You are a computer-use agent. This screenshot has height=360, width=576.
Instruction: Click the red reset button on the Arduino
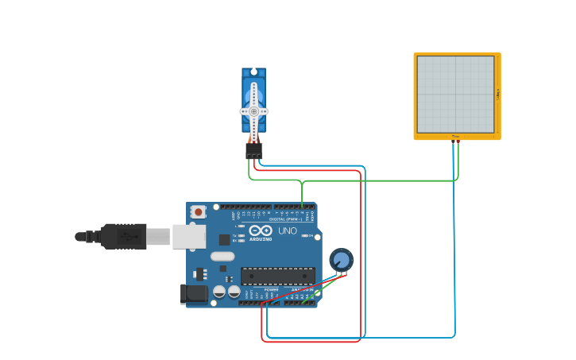pyautogui.click(x=198, y=212)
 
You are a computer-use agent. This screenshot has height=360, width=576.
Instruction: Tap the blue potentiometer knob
pyautogui.click(x=341, y=260)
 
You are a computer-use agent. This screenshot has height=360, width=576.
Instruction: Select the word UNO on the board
pyautogui.click(x=287, y=231)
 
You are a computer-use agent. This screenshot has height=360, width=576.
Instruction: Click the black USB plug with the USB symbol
pyautogui.click(x=124, y=236)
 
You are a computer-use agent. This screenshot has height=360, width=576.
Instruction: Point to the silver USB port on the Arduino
pyautogui.click(x=189, y=236)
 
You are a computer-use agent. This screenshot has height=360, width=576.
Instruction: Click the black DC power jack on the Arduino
pyautogui.click(x=194, y=294)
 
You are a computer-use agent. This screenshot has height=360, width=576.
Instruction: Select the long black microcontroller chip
pyautogui.click(x=277, y=276)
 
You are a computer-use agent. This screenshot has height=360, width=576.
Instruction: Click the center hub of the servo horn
pyautogui.click(x=253, y=111)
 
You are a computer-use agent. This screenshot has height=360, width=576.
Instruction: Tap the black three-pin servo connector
pyautogui.click(x=253, y=150)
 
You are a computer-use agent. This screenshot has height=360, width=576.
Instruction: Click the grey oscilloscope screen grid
pyautogui.click(x=455, y=94)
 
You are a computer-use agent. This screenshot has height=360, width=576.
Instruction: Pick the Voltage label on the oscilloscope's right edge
pyautogui.click(x=498, y=94)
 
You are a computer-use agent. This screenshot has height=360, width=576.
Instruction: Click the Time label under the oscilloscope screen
pyautogui.click(x=455, y=137)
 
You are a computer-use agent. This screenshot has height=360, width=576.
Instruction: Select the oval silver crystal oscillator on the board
pyautogui.click(x=222, y=256)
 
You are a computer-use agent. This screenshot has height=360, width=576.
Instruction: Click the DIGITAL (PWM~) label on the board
pyautogui.click(x=286, y=219)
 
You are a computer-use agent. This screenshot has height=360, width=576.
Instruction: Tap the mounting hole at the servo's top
pyautogui.click(x=253, y=73)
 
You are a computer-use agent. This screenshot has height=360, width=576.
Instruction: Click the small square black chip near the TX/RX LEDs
pyautogui.click(x=225, y=238)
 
